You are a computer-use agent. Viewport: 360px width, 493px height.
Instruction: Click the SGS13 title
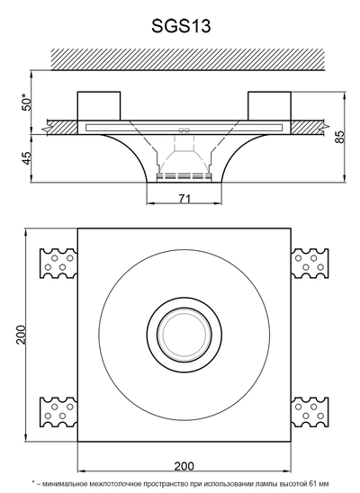click(x=181, y=26)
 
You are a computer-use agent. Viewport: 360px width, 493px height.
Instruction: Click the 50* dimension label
click(x=27, y=102)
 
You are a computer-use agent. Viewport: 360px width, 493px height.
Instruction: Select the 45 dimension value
click(x=27, y=157)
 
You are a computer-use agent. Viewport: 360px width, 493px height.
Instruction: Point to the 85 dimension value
click(x=340, y=137)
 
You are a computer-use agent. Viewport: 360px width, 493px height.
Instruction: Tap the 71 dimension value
click(x=184, y=199)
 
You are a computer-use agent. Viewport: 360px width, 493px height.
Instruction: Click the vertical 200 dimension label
click(x=22, y=335)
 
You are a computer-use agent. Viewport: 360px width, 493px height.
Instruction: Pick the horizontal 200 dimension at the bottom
click(x=184, y=466)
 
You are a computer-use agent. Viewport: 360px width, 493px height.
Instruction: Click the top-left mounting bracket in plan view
click(x=58, y=264)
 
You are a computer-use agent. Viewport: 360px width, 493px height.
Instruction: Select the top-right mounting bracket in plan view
click(x=310, y=264)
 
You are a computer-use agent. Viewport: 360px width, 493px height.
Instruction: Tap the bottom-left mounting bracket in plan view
click(x=58, y=412)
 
